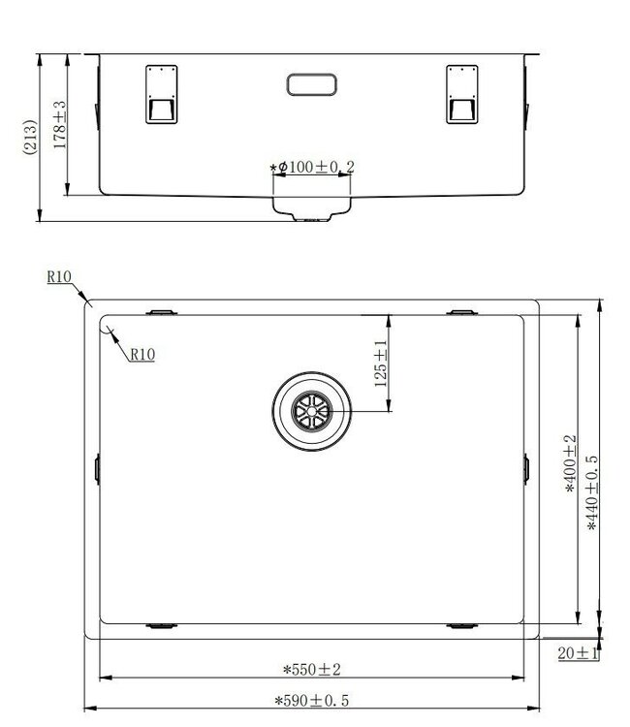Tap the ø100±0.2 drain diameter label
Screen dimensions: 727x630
tap(313, 168)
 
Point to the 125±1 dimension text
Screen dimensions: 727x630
tap(381, 363)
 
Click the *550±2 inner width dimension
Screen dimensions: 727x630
tap(311, 669)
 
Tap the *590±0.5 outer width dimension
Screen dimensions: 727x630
tap(311, 700)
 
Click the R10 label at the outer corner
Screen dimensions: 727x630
tap(60, 277)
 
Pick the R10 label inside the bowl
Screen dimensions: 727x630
tap(142, 355)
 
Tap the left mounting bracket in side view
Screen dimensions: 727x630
tap(161, 94)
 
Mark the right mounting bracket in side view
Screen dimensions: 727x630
tap(462, 94)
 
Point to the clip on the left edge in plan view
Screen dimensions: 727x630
tap(97, 468)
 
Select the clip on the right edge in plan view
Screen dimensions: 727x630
tap(526, 468)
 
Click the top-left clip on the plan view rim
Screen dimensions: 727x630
tap(161, 312)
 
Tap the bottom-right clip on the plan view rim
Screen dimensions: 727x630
tap(462, 626)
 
